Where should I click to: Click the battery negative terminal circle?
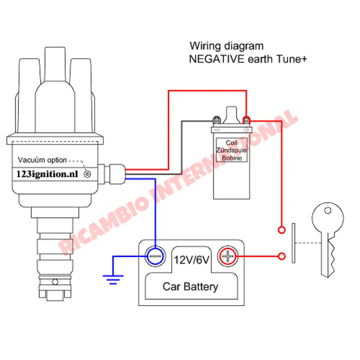(x=155, y=257)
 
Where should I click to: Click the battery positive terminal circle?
(x=228, y=257)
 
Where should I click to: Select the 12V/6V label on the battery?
(x=191, y=260)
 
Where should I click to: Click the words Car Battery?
(x=190, y=287)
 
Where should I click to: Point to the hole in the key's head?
(x=327, y=211)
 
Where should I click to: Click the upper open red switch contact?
(x=282, y=229)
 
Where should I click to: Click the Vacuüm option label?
(x=42, y=160)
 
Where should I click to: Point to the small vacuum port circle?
(x=87, y=175)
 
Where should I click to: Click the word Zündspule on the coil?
(x=231, y=150)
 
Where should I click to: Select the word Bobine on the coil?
(x=232, y=158)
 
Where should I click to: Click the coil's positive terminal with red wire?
(x=246, y=120)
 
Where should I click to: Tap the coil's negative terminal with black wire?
(x=216, y=120)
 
